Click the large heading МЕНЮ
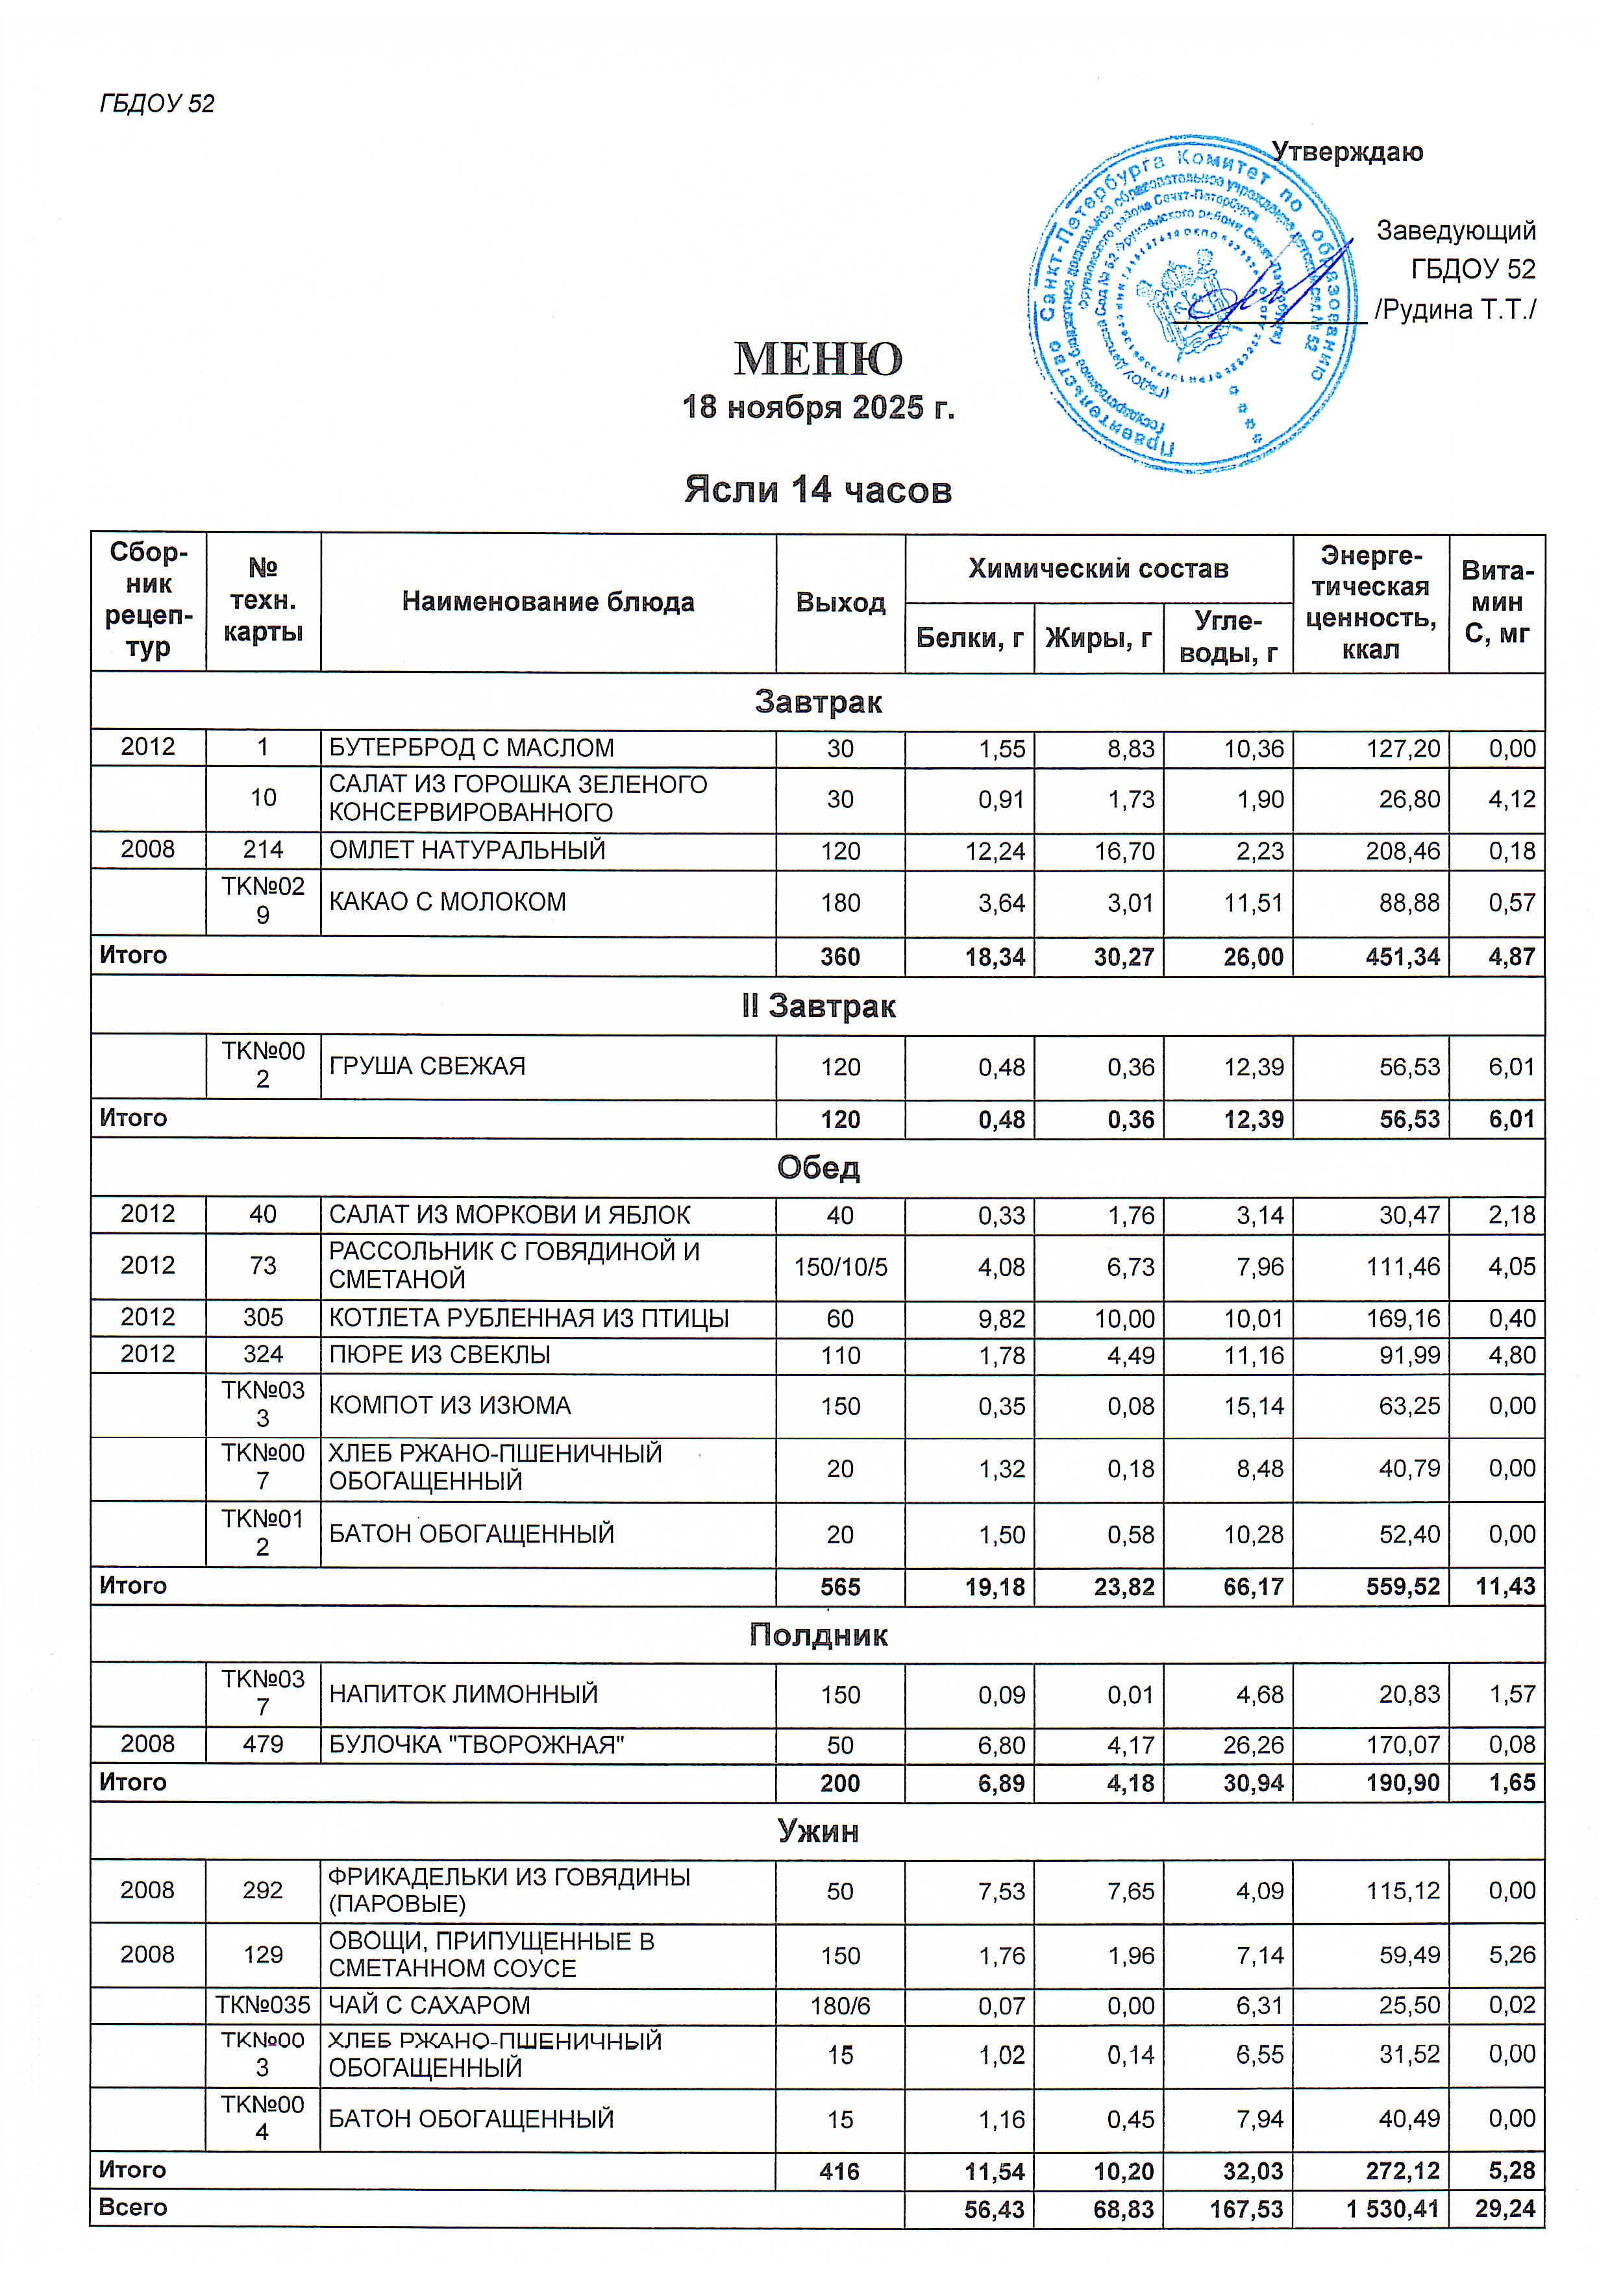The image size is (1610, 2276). click(x=818, y=359)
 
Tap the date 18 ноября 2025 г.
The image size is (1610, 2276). click(x=818, y=408)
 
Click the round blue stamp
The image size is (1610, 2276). click(x=1193, y=303)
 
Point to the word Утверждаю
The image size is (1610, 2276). click(x=1346, y=152)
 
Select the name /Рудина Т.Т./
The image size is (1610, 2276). click(x=1454, y=310)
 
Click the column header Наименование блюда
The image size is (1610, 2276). click(x=547, y=602)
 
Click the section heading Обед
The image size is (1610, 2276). click(x=818, y=1167)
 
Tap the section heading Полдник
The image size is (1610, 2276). click(x=818, y=1635)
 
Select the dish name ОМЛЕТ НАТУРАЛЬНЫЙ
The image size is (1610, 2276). click(x=467, y=851)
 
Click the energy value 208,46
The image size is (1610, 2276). click(x=1403, y=851)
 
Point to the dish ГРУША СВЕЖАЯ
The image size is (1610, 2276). click(x=427, y=1067)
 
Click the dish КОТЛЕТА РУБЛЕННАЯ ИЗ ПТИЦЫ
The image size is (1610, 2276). click(x=528, y=1318)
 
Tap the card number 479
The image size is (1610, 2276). click(x=263, y=1744)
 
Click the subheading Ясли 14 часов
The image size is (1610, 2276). click(x=818, y=490)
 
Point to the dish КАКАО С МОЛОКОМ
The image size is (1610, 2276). click(x=447, y=902)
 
